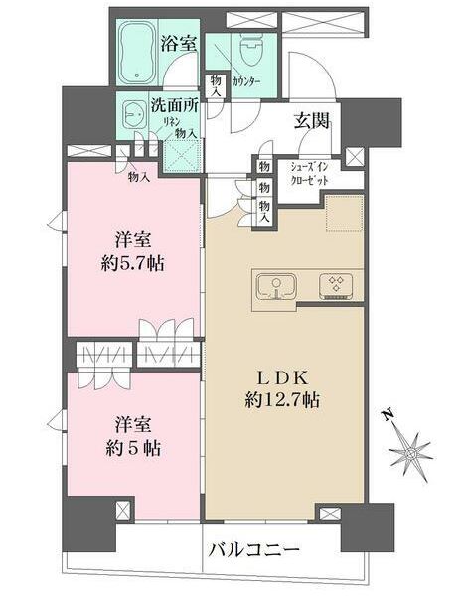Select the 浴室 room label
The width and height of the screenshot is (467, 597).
pos(180,44)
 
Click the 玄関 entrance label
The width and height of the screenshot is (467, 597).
pos(310,122)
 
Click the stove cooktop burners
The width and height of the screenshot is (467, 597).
pos(335,286)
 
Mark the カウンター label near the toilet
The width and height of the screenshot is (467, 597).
pos(246,82)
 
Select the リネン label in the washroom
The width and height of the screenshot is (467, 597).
pos(170,120)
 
